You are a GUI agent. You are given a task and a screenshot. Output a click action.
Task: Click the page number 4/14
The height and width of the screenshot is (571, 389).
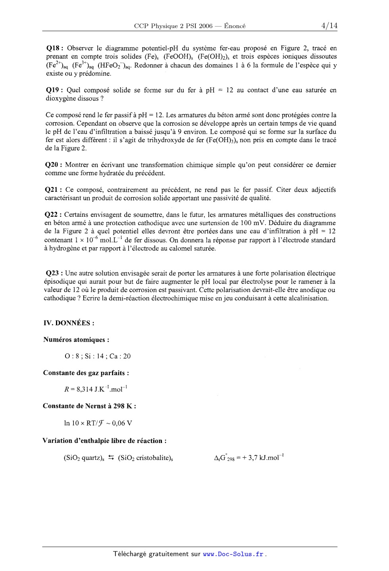(x=329, y=26)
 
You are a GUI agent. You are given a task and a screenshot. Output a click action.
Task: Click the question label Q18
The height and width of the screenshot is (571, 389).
(x=53, y=48)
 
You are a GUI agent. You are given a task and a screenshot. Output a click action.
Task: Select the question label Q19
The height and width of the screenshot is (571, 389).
(x=53, y=90)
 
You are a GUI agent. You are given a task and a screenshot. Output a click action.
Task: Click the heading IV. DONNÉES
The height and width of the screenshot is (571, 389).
(x=68, y=323)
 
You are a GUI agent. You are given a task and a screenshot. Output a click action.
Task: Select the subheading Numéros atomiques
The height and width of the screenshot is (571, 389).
(x=76, y=340)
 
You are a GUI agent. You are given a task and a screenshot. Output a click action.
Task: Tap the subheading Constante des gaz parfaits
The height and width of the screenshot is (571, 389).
(x=86, y=373)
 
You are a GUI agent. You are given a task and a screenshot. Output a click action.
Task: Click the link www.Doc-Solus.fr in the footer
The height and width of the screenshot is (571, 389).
(x=233, y=554)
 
